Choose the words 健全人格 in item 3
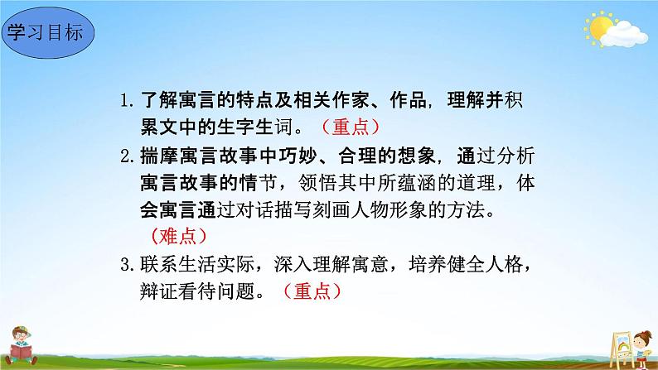[492, 265]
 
